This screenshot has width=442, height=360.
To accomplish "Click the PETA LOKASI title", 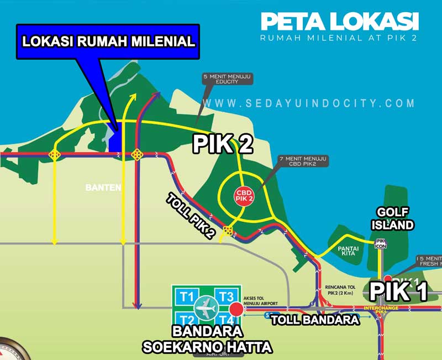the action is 339,21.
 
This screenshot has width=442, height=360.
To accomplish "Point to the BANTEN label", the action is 103,187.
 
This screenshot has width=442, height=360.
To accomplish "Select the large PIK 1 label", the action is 398,291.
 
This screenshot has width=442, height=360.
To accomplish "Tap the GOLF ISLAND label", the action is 394,218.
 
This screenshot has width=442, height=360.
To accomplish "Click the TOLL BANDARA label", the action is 315,320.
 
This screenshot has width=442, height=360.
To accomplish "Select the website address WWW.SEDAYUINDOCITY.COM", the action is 312,103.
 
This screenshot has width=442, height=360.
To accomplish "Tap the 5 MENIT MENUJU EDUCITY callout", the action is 228,79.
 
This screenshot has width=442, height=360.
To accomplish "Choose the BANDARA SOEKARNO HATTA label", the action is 207,340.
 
